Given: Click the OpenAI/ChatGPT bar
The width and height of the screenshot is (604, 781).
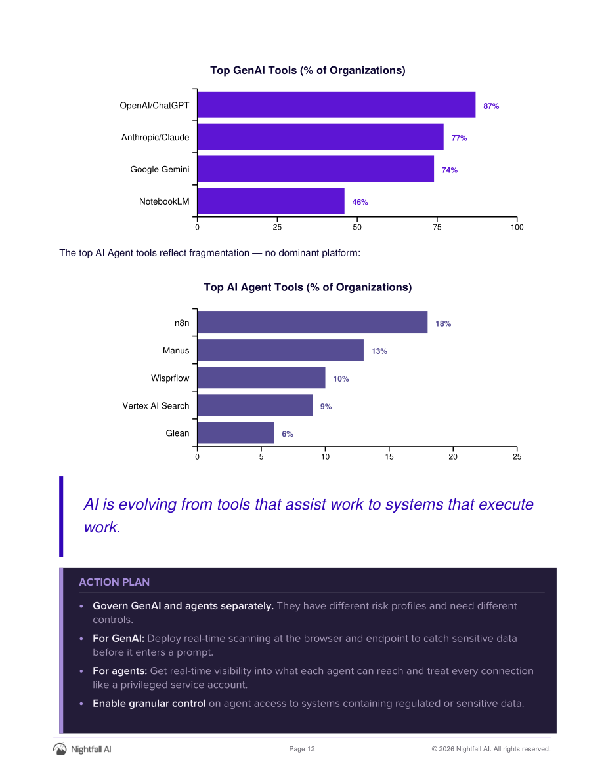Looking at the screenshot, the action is tap(337, 105).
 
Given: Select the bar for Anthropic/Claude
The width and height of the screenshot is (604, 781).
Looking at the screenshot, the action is tap(320, 137).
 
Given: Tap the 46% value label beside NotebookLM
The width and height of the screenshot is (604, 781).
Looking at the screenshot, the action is tap(360, 202).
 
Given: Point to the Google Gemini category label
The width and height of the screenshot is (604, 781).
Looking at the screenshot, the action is tap(160, 169).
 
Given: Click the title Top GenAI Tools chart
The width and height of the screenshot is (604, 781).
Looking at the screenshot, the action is tap(308, 70).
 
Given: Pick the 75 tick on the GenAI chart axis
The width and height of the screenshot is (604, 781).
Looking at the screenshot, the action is tap(437, 227).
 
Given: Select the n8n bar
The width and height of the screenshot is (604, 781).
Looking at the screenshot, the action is tap(313, 322).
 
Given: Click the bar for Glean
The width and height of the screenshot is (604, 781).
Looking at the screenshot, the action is tap(236, 433).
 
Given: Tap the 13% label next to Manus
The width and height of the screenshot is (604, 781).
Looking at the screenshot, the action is tap(379, 351).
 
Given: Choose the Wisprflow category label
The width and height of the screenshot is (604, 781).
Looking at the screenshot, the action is tap(170, 378).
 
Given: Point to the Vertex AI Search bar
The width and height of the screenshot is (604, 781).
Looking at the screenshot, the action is tap(255, 405).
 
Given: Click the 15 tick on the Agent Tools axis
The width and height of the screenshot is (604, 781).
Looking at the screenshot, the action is tap(389, 457).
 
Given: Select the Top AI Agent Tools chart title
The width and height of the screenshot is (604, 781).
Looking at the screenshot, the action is tap(308, 287).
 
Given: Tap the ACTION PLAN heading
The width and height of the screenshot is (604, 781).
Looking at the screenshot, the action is tap(114, 582).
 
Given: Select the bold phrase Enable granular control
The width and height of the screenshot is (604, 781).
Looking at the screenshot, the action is tap(149, 704).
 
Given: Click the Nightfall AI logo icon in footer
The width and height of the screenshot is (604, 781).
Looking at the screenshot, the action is tap(60, 749).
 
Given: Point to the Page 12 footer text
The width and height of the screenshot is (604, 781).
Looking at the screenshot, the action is tap(302, 749).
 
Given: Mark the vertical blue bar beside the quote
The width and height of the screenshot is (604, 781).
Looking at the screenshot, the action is tap(61, 516).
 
